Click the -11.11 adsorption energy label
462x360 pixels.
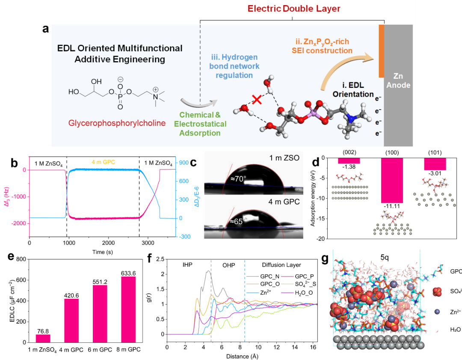pos(392,207)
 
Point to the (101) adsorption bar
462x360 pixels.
pos(435,164)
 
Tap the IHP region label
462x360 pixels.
pos(187,265)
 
